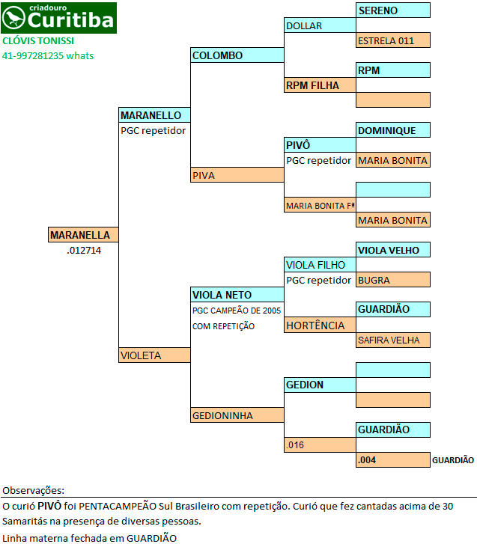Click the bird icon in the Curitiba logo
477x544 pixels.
[x=13, y=18]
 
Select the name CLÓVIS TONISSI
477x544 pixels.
[x=38, y=41]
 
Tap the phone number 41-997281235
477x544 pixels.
[x=33, y=56]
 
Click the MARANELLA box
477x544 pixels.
[x=83, y=234]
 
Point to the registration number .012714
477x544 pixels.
[x=84, y=250]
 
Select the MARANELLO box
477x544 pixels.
[x=154, y=114]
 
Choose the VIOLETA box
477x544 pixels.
[x=154, y=355]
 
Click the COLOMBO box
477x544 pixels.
[x=237, y=55]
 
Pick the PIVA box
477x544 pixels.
[x=237, y=175]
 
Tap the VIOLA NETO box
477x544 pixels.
[x=237, y=295]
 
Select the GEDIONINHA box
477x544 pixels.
[x=237, y=415]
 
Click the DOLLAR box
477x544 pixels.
[x=320, y=25]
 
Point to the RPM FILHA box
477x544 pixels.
[x=320, y=85]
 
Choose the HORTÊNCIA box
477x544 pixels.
[x=320, y=325]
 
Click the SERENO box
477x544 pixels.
[x=393, y=10]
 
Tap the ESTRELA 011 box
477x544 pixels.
[x=393, y=40]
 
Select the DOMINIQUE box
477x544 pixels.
[x=393, y=130]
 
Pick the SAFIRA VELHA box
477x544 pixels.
[x=393, y=340]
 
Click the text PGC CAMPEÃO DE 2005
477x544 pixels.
[x=237, y=311]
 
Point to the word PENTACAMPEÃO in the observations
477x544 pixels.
[x=118, y=506]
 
